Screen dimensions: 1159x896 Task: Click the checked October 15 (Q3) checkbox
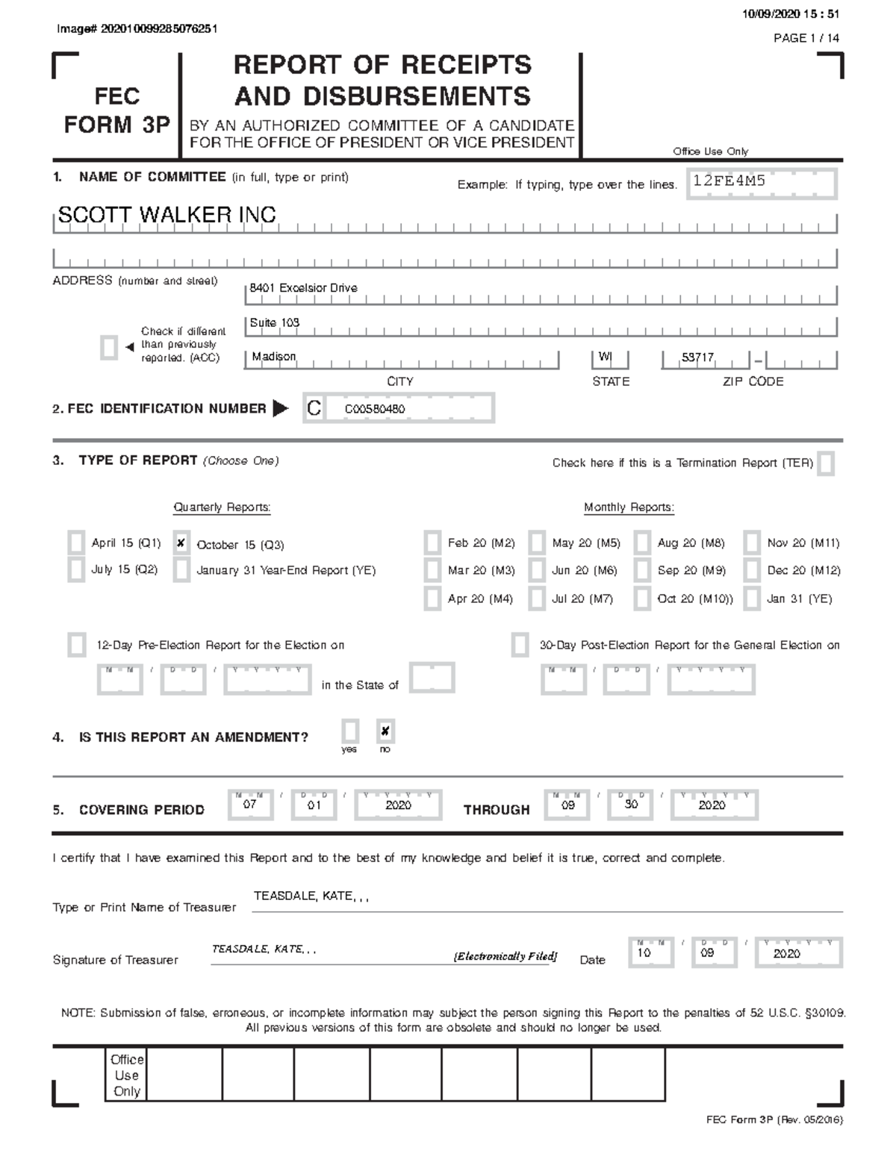pyautogui.click(x=181, y=543)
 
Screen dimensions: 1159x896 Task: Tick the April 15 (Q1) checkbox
pyautogui.click(x=76, y=543)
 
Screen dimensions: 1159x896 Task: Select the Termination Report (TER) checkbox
pyautogui.click(x=825, y=463)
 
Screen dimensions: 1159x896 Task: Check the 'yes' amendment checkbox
pyautogui.click(x=349, y=731)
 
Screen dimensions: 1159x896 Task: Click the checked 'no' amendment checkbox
pyautogui.click(x=385, y=731)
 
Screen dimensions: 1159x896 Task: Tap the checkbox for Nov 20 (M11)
pyautogui.click(x=752, y=543)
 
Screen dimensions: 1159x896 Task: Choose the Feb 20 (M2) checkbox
pyautogui.click(x=432, y=543)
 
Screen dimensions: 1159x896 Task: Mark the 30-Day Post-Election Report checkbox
pyautogui.click(x=520, y=645)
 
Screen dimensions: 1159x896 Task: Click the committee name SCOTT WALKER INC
pyautogui.click(x=167, y=216)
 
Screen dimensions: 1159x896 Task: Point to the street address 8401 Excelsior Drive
pyautogui.click(x=303, y=288)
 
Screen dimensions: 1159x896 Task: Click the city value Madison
pyautogui.click(x=273, y=357)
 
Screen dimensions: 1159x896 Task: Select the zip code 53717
pyautogui.click(x=697, y=357)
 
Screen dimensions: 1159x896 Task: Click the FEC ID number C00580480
pyautogui.click(x=375, y=409)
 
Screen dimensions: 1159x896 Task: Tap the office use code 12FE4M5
pyautogui.click(x=729, y=181)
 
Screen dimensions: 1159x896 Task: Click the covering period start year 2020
pyautogui.click(x=398, y=805)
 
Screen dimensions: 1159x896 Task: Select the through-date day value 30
pyautogui.click(x=631, y=805)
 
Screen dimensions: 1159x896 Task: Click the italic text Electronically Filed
pyautogui.click(x=505, y=957)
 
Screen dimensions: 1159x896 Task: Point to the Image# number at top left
pyautogui.click(x=137, y=29)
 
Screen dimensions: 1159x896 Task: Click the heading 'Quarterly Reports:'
pyautogui.click(x=222, y=507)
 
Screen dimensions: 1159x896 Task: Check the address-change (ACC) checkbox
pyautogui.click(x=109, y=348)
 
